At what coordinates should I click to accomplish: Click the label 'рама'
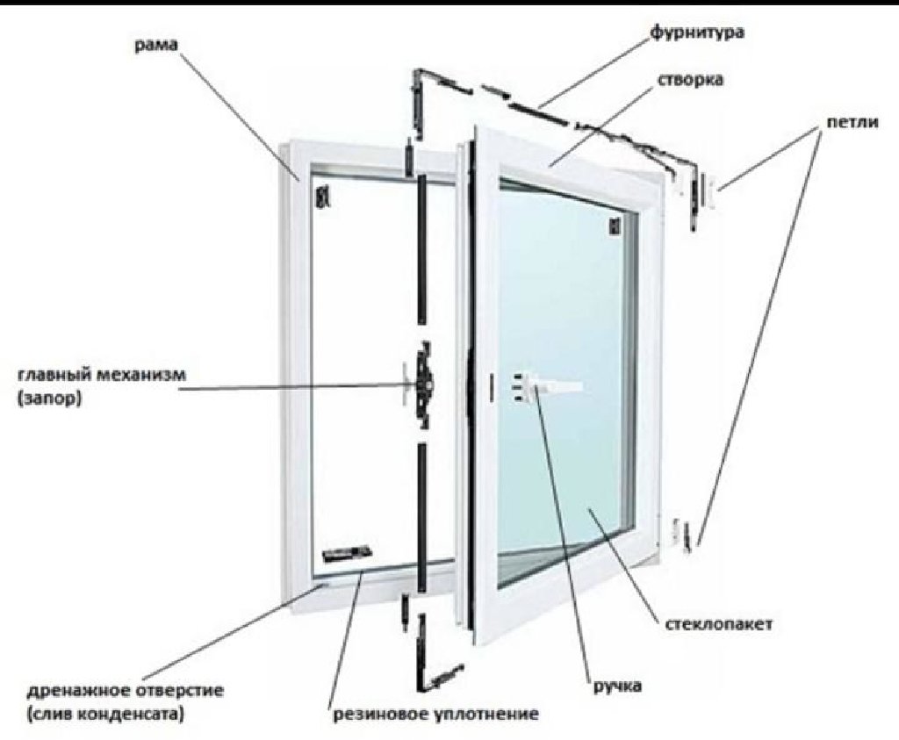coord(156,46)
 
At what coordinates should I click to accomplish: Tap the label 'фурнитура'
coord(697,32)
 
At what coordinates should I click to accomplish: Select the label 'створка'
coord(690,80)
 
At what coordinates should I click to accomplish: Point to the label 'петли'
coord(852,123)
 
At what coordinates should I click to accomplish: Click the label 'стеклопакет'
coord(718,623)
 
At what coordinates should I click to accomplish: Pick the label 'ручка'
coord(617,686)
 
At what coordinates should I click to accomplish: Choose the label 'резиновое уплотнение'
coord(435,715)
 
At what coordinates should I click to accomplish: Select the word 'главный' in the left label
coord(53,375)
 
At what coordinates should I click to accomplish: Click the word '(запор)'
coord(49,398)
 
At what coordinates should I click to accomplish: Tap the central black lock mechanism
coord(425,384)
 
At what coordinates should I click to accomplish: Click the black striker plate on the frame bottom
coord(346,553)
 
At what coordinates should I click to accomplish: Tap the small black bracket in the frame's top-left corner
coord(323,197)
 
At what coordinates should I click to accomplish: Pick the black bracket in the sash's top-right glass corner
coord(615,226)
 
